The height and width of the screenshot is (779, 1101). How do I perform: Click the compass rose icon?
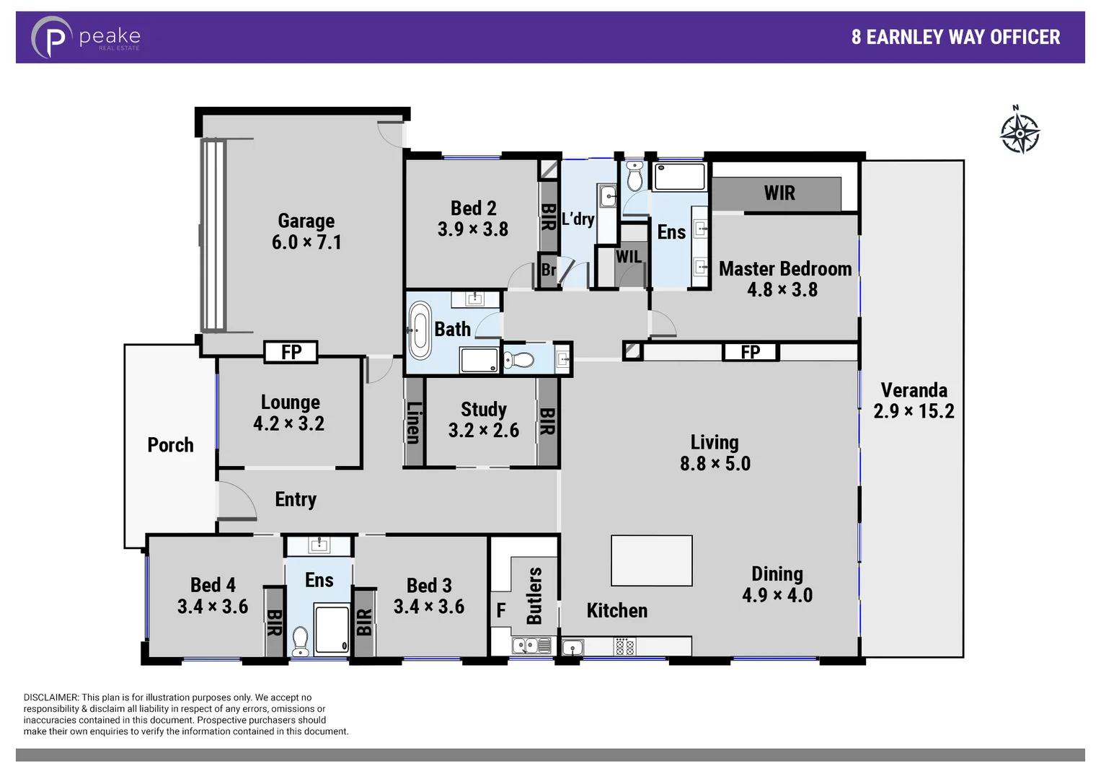tap(1020, 132)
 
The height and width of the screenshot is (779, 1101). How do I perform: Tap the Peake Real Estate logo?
tap(85, 37)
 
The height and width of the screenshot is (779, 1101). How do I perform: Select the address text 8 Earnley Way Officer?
tap(955, 38)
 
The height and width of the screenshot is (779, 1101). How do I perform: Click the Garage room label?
tap(306, 221)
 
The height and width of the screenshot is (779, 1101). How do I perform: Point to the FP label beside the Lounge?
tap(291, 352)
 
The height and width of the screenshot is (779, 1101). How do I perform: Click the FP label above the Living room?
tap(751, 352)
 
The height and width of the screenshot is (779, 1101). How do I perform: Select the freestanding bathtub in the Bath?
tap(420, 330)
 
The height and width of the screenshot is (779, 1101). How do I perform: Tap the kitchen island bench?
tap(652, 560)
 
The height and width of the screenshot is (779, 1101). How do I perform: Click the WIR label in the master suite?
tap(779, 193)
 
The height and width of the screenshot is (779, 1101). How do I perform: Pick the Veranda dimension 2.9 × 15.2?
tap(914, 411)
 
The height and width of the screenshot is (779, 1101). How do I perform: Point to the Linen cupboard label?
tap(413, 423)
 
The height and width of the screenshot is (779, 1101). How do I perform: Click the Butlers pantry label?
tap(534, 596)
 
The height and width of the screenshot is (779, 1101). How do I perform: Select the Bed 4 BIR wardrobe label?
tap(274, 622)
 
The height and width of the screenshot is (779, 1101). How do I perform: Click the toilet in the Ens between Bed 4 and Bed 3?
tap(300, 641)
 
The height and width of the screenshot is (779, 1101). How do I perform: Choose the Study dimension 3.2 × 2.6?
tap(483, 431)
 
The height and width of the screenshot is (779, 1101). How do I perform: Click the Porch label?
tap(170, 445)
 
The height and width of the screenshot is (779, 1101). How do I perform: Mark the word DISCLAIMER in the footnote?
tap(50, 697)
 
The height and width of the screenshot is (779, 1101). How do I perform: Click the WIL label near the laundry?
tap(628, 257)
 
